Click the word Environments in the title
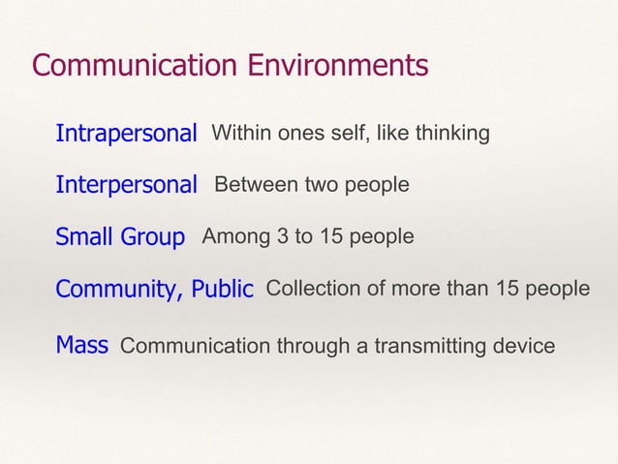pos(338,66)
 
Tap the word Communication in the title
pos(135,66)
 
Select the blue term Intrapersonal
pos(126,133)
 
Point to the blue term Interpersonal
pos(126,185)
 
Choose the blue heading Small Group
pos(120,237)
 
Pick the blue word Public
pos(222,290)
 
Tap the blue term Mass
pos(81,345)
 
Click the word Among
pos(233,236)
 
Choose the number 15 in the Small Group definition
pos(335,236)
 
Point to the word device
pos(526,346)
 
